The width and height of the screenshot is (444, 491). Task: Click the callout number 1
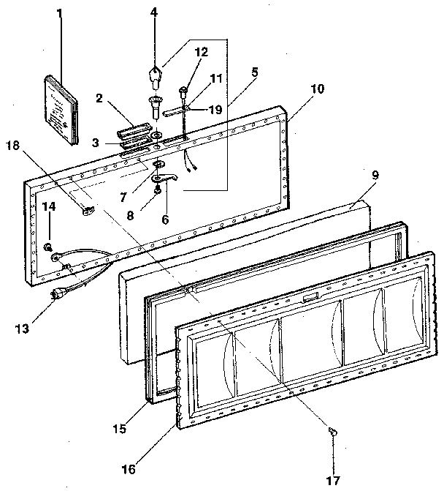point(60,12)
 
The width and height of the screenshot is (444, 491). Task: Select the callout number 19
point(215,110)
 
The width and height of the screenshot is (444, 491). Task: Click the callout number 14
point(48,208)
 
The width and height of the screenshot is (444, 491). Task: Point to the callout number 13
point(26,329)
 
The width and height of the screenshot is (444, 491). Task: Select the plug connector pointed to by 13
point(58,293)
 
